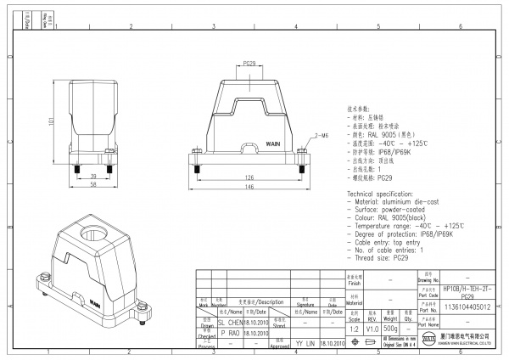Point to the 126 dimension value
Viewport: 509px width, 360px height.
click(250, 178)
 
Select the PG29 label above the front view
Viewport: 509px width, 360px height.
click(250, 64)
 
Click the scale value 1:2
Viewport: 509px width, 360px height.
click(353, 328)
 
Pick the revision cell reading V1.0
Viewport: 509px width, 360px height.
click(372, 328)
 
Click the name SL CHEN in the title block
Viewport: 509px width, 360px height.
click(230, 323)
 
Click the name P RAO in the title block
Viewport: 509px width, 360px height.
click(230, 334)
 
